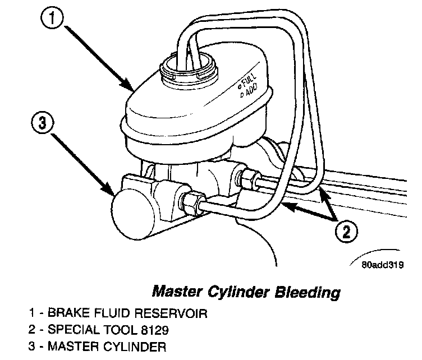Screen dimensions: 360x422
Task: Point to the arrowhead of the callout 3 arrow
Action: pos(111,193)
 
